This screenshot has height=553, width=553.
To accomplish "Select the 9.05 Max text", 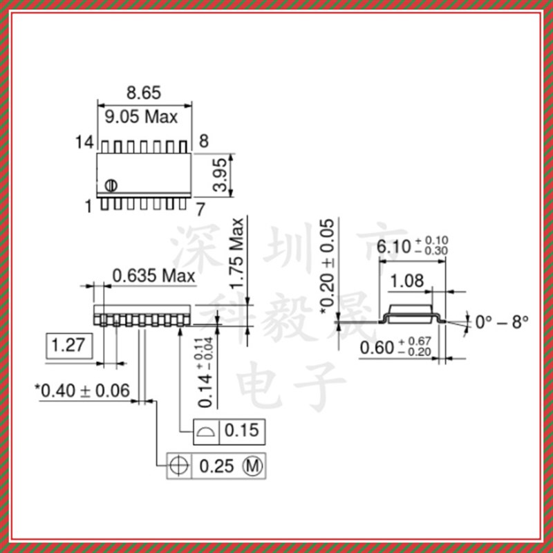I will (x=141, y=116).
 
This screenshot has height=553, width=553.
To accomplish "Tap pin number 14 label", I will (x=84, y=142).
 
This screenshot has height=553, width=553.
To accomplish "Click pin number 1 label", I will (x=88, y=206).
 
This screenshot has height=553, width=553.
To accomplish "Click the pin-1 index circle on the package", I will (x=111, y=185).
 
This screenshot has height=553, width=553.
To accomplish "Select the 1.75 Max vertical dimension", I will (x=238, y=254).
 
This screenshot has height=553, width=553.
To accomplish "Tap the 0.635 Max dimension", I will (x=153, y=276).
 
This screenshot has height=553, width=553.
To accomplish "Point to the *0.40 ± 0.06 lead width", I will (x=82, y=391).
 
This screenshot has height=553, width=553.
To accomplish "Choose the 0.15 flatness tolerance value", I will (x=242, y=431).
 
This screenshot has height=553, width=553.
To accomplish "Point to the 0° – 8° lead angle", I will (x=502, y=321).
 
